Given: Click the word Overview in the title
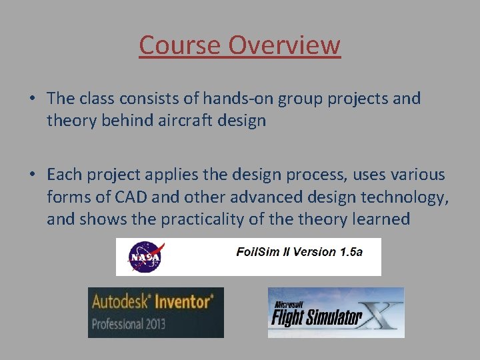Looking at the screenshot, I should (x=285, y=45).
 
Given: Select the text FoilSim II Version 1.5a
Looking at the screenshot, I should (x=299, y=252).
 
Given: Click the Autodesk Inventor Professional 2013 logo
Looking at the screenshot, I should (x=155, y=312).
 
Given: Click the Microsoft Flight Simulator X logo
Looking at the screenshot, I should (x=335, y=312).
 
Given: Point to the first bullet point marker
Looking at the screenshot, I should (x=32, y=99).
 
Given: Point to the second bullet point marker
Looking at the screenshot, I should (x=32, y=175).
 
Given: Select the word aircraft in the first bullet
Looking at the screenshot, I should (x=187, y=121).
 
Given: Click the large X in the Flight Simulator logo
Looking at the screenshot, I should (x=383, y=313).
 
